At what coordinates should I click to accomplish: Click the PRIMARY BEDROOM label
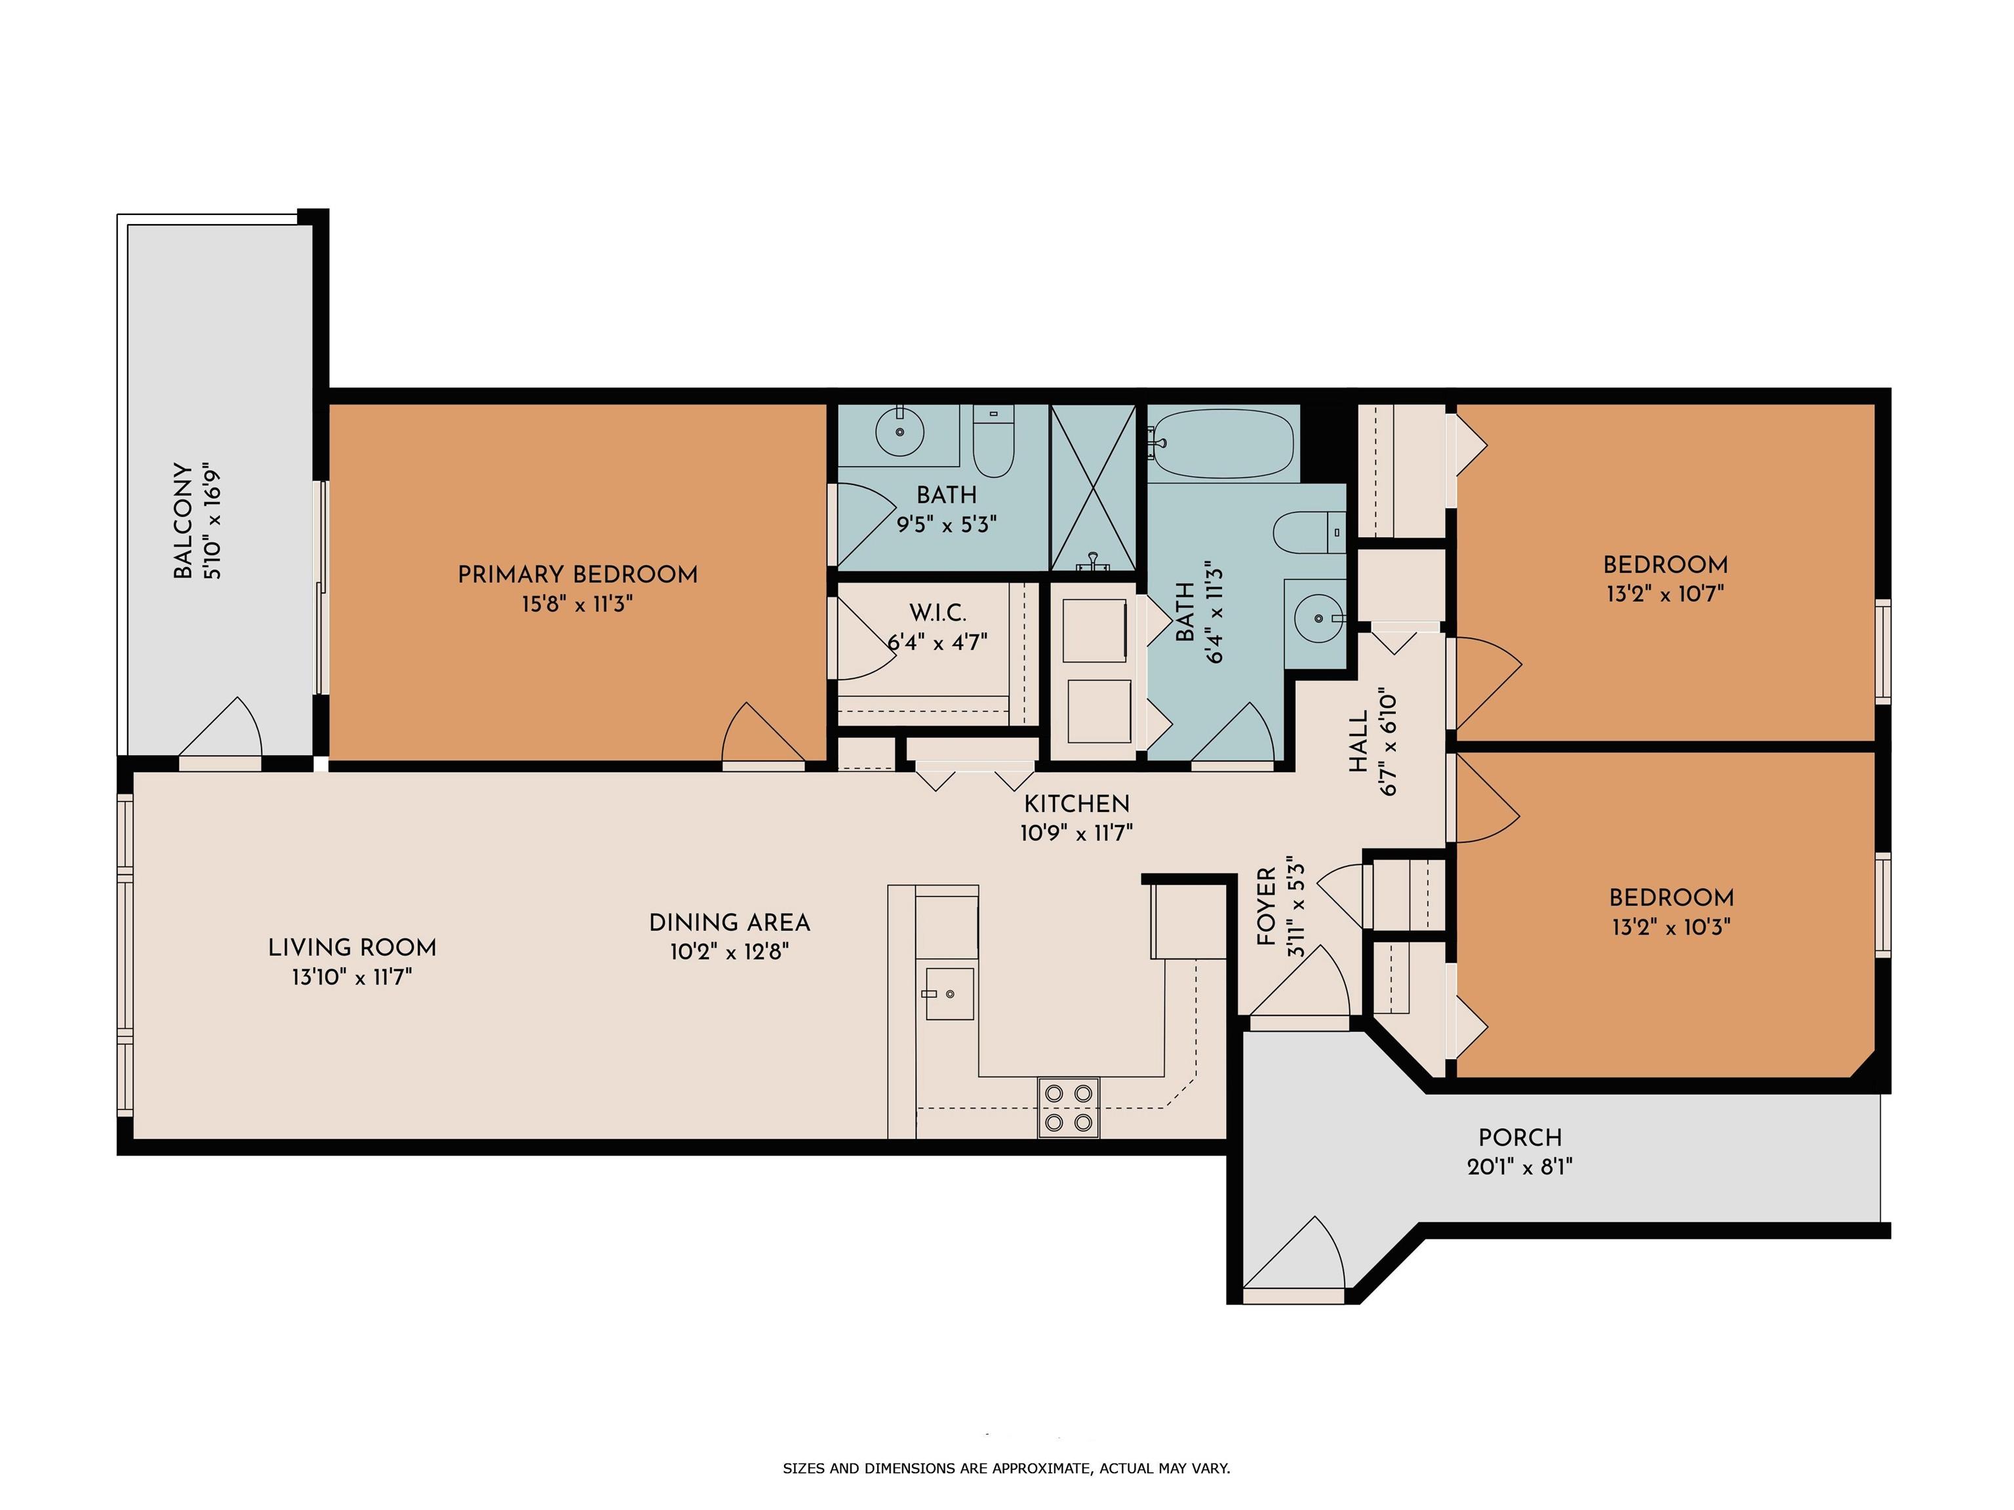(577, 574)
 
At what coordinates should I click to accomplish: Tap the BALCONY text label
(183, 522)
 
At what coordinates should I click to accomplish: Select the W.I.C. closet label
(938, 613)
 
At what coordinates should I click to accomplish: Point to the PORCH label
(1520, 1137)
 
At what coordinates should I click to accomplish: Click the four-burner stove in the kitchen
(1069, 1107)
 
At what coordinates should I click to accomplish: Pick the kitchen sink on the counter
(949, 993)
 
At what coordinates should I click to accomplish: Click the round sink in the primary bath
(899, 433)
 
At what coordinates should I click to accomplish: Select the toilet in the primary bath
(993, 442)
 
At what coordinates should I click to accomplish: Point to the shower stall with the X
(1093, 489)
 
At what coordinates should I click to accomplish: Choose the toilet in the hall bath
(1309, 532)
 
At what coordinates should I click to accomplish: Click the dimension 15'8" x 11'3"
(577, 604)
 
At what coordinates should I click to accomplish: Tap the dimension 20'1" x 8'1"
(1520, 1166)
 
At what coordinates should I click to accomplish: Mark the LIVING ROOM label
(352, 948)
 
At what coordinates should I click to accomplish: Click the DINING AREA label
(729, 922)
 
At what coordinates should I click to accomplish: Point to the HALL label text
(1358, 741)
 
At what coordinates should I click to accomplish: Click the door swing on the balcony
(221, 726)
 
